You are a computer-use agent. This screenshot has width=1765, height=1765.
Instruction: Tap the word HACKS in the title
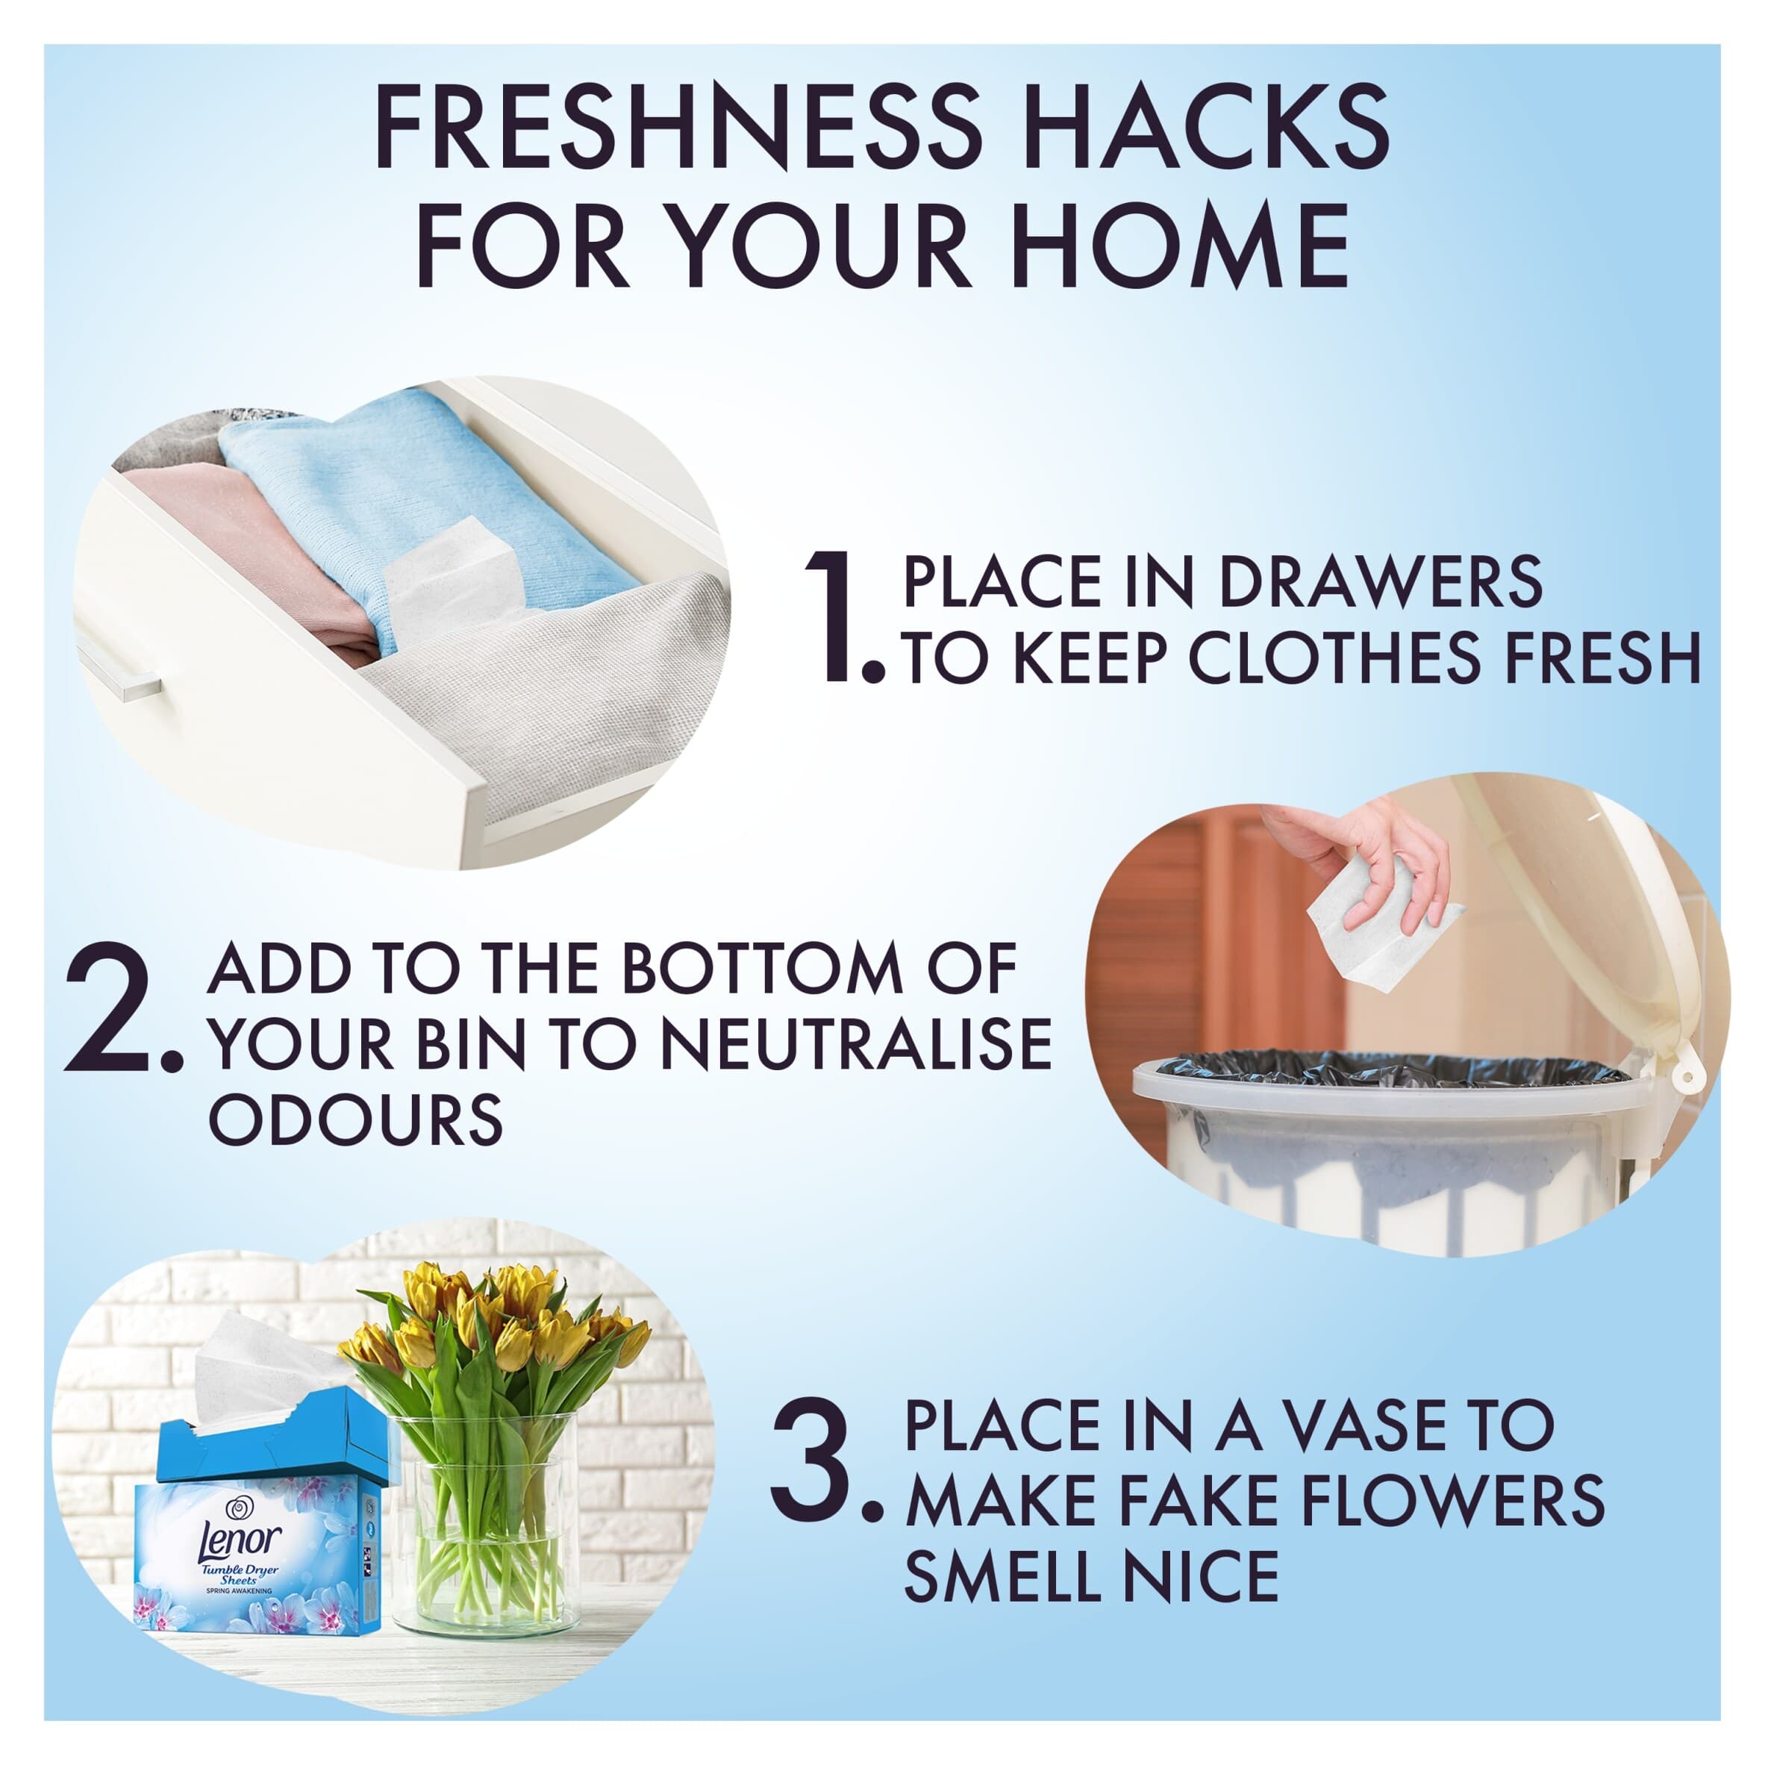coord(1211,127)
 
